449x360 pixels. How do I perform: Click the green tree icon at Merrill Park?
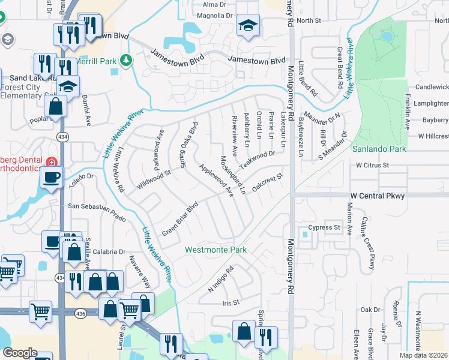125,60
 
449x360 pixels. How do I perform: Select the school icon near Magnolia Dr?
248,26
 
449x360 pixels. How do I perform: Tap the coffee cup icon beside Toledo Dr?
52,177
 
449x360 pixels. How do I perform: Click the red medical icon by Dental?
52,162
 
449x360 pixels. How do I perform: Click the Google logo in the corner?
20,353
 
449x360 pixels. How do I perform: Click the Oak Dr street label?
370,310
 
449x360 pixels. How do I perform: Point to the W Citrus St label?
373,164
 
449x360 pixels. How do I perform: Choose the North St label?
309,20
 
